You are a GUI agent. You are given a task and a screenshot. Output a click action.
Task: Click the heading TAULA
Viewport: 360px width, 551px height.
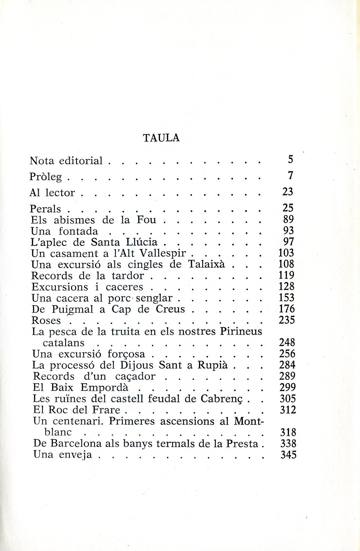tap(161, 138)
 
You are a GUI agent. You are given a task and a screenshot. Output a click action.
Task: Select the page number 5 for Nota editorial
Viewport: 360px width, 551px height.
tap(290, 159)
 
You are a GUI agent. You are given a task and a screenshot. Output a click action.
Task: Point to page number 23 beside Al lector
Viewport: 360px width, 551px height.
tap(288, 192)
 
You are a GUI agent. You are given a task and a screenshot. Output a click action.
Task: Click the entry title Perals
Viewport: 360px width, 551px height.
tap(45, 209)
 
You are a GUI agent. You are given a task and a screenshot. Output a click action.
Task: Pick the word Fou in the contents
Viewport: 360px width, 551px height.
tap(146, 220)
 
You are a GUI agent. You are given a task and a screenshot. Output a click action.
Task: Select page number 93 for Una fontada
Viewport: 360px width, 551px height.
tap(288, 231)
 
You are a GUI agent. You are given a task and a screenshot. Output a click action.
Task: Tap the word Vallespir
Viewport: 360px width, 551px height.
tap(163, 254)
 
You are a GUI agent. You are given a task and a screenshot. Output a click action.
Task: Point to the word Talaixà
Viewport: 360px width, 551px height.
tap(206, 264)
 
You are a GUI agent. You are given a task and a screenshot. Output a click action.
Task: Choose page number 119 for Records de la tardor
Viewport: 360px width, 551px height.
tap(286, 275)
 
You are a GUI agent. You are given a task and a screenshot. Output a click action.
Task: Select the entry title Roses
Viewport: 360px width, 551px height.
tap(46, 320)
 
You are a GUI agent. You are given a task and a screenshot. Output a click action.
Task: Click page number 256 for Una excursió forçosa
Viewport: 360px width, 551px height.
tap(287, 354)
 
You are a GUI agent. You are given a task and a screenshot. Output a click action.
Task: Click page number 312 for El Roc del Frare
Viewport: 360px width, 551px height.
tap(288, 410)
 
